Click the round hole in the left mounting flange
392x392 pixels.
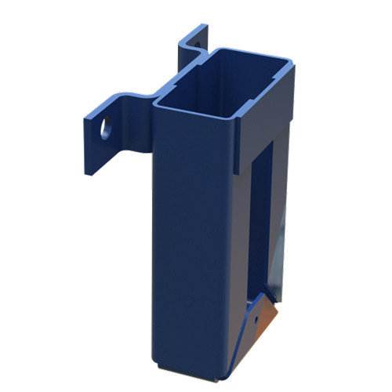(104, 128)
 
